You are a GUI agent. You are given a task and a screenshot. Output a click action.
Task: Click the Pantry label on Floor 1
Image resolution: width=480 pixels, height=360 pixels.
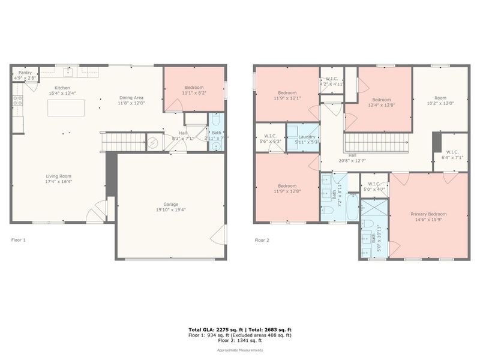(25, 72)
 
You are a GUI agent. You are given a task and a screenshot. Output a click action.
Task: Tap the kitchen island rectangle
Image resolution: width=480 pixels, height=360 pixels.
(67, 108)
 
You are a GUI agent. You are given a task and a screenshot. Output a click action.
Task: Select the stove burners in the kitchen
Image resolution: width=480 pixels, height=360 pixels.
(17, 100)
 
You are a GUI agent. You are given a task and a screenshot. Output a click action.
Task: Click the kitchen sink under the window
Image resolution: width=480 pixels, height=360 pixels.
(68, 73)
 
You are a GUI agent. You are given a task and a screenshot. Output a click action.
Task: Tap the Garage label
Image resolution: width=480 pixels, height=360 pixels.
(171, 205)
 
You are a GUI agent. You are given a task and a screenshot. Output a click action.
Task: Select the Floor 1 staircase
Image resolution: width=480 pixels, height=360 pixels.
(123, 142)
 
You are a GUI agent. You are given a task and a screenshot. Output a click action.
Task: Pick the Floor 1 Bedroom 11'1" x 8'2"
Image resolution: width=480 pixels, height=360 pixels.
(193, 90)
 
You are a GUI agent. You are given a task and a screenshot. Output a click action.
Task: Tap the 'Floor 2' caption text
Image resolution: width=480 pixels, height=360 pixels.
(262, 240)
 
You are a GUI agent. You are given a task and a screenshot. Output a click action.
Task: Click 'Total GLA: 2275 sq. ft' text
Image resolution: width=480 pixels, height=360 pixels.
(214, 330)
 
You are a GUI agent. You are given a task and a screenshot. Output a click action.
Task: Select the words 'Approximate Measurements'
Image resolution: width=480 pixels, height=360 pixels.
(239, 350)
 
